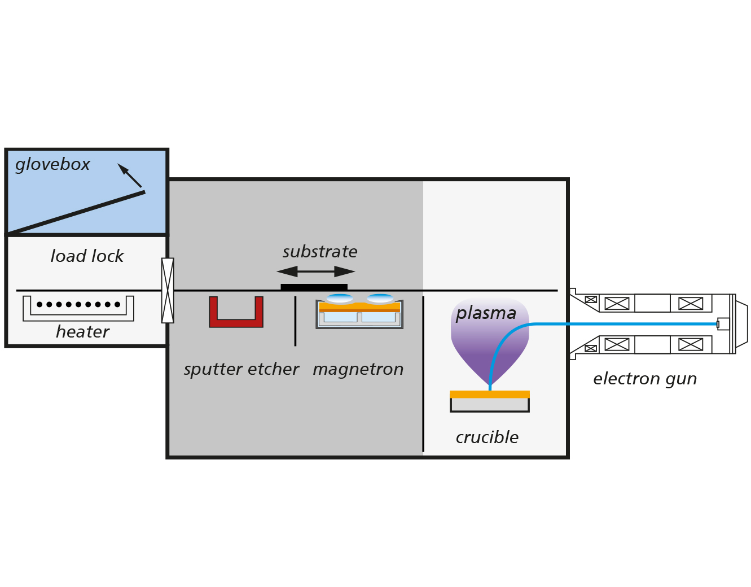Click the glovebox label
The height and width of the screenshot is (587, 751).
coord(52,165)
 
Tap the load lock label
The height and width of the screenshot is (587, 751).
coord(87,256)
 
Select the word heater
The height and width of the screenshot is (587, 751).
coord(82,332)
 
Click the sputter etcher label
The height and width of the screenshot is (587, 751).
coord(241,369)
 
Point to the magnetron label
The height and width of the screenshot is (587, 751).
coord(358,369)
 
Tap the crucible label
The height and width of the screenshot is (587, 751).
coord(487,437)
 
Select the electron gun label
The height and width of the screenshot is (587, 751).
coord(644,379)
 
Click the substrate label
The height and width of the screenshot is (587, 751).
coord(320,252)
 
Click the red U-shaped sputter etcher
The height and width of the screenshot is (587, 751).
coord(236,323)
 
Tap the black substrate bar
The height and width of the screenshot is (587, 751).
coord(314,287)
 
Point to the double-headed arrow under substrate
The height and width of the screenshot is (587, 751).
coord(315,271)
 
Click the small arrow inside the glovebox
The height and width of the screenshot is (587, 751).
coord(130,176)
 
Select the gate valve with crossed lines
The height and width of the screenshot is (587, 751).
coord(168,290)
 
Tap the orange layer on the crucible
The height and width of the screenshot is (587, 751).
coord(489,395)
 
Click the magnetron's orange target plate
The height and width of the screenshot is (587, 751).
coord(359,307)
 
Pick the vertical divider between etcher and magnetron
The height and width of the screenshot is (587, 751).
coord(295,321)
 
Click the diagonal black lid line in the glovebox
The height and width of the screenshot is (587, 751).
coord(76,213)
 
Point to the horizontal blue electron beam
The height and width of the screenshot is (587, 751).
coord(626,324)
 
